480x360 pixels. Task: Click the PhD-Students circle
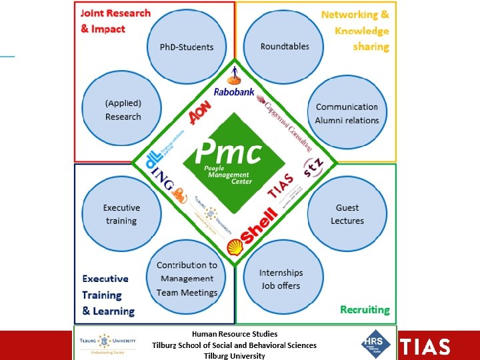187,47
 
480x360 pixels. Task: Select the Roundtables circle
285,47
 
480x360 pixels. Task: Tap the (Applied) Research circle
123,110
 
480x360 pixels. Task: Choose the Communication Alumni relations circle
347,113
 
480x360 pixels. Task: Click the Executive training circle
121,214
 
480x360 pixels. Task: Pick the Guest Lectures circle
347,214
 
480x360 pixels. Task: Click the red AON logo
200,113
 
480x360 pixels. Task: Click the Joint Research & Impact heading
115,21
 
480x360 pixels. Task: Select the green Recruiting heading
364,309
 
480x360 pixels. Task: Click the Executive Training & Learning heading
107,295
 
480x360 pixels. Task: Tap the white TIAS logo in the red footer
425,347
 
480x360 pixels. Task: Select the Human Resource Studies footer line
235,333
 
